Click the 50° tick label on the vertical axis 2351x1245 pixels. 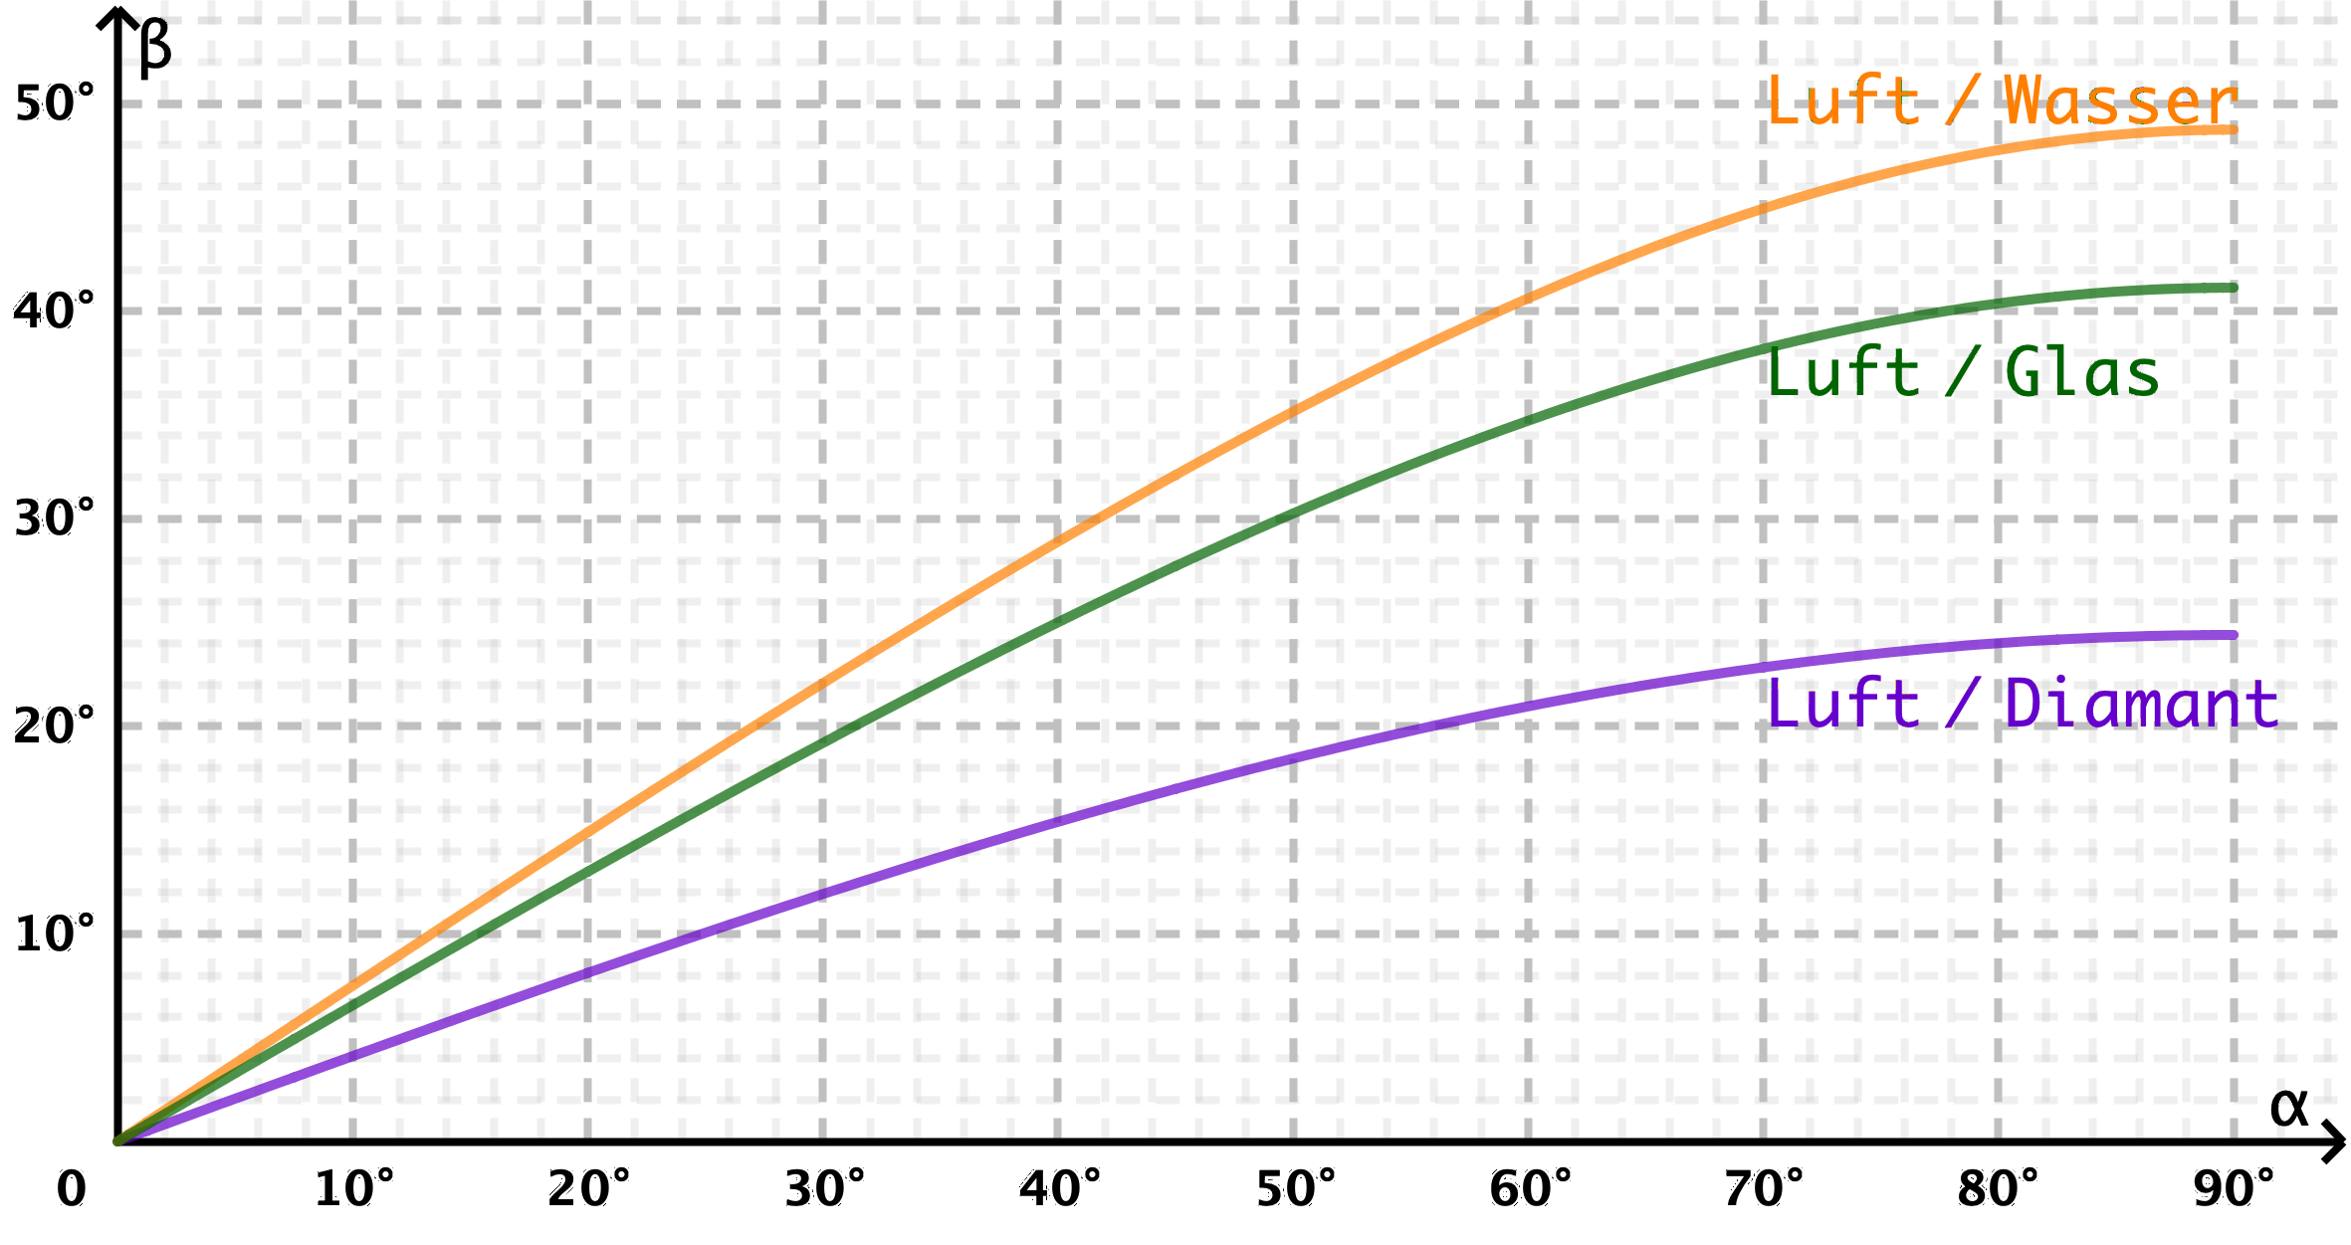tap(56, 103)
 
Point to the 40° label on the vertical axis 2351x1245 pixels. tap(56, 310)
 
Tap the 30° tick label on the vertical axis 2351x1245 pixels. tap(56, 518)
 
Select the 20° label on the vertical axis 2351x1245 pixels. tap(56, 724)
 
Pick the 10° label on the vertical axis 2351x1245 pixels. tap(56, 933)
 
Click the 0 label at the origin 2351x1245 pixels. tap(71, 1188)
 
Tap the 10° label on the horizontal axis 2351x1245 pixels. tap(354, 1188)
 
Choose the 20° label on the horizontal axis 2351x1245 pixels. tap(589, 1188)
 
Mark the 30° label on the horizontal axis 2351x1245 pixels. tap(825, 1188)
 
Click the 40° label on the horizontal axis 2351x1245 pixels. tap(1060, 1188)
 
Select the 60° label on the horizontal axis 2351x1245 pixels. tap(1531, 1188)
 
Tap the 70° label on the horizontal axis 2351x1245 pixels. tap(1765, 1188)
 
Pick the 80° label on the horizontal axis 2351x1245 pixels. tap(1999, 1188)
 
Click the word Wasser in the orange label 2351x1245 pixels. tap(2120, 101)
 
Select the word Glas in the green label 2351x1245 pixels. tap(2081, 373)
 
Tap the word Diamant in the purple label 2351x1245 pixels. tap(2140, 704)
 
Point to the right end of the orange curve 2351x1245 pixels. tap(2234, 129)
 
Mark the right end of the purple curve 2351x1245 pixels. tap(2234, 635)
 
